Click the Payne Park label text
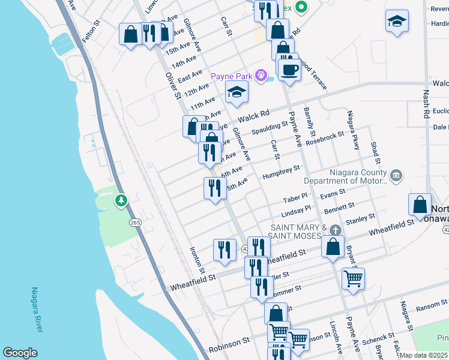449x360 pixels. [x=232, y=76]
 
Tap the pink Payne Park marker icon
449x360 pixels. [x=261, y=76]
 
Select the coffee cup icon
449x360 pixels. [x=289, y=70]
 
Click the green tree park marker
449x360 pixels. [x=121, y=199]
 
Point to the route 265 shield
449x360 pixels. [x=135, y=223]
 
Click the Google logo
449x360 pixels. [x=20, y=353]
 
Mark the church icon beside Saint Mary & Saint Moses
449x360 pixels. [x=336, y=230]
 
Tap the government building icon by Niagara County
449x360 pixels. [x=396, y=176]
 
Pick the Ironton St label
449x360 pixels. [x=194, y=262]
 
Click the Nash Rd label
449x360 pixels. [x=427, y=104]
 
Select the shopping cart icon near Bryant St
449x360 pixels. [x=353, y=278]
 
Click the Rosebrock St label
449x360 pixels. [x=324, y=139]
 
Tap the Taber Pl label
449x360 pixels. [x=295, y=197]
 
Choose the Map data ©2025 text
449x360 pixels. [x=423, y=355]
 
